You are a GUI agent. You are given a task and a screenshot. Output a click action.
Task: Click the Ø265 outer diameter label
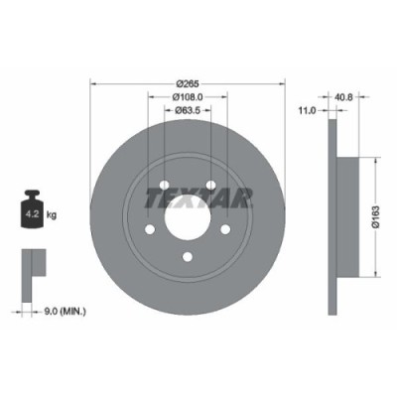pyautogui.click(x=188, y=83)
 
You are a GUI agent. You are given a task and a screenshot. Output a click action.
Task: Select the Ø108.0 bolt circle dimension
pyautogui.click(x=188, y=96)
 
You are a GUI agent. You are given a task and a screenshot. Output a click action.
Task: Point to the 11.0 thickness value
pyautogui.click(x=307, y=112)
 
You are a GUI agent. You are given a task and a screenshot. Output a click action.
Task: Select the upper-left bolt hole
pyautogui.click(x=164, y=186)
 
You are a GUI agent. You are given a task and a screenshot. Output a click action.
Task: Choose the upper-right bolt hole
pyautogui.click(x=211, y=186)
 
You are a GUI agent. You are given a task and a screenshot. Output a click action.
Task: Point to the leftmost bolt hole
pyautogui.click(x=149, y=230)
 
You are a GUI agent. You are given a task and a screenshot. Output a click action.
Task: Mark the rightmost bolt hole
pyautogui.click(x=226, y=230)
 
